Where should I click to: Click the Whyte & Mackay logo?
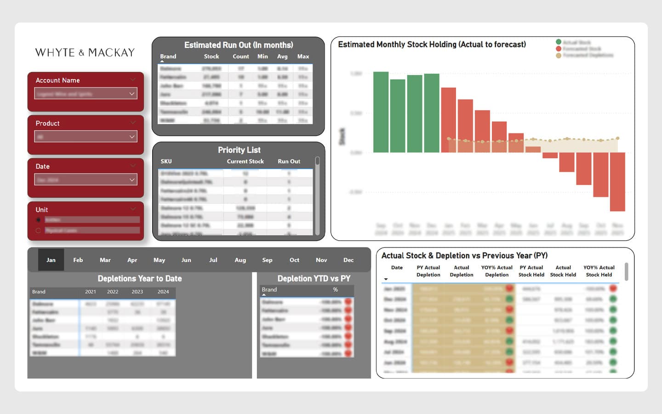click(x=85, y=52)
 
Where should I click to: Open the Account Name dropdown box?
click(x=86, y=94)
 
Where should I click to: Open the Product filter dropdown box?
click(x=86, y=137)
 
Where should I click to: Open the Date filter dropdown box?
click(x=86, y=180)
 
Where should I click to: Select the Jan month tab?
click(x=51, y=260)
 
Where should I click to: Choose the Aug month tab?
click(x=240, y=260)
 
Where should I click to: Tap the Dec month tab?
click(x=348, y=260)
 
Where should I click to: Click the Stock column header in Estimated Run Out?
click(x=211, y=57)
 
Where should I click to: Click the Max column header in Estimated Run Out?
click(x=303, y=57)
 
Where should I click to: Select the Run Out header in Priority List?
click(x=289, y=161)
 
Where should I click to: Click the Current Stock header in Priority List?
click(x=245, y=161)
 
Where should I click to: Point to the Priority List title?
click(x=239, y=150)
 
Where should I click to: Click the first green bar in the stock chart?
click(x=381, y=112)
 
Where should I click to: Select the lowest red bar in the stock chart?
click(x=617, y=182)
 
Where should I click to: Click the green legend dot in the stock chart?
click(x=559, y=42)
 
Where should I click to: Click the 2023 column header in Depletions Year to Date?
click(x=137, y=292)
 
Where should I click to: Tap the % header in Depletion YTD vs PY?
click(x=335, y=290)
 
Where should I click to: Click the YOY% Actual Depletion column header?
click(x=496, y=271)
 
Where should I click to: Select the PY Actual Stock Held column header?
click(x=531, y=271)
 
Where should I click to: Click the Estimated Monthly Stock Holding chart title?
click(x=432, y=45)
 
